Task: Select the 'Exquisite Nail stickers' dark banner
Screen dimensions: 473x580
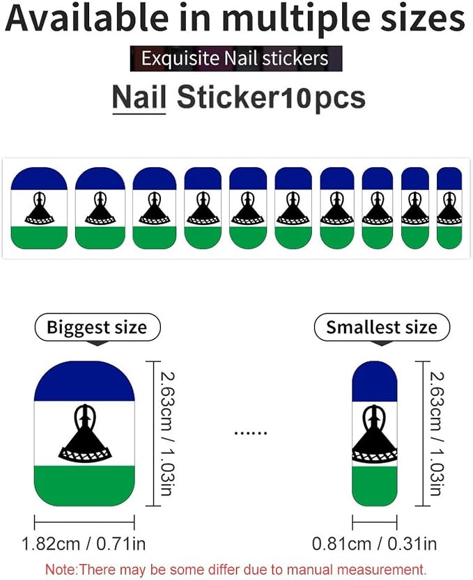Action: pos(236,58)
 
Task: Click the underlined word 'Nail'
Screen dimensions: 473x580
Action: pos(139,97)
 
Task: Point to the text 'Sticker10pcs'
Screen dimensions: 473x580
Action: pos(271,97)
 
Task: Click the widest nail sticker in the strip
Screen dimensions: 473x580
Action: pos(39,208)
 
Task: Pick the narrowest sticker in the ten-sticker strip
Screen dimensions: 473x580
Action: pos(449,208)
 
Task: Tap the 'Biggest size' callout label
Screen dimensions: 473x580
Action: pos(97,327)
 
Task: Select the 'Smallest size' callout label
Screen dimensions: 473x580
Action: pos(382,327)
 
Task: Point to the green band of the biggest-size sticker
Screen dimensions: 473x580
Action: pos(84,485)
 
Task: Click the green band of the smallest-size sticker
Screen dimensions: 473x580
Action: pos(374,486)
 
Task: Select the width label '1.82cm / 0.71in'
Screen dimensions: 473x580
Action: pos(84,544)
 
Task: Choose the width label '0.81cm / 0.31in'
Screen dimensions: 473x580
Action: pos(374,544)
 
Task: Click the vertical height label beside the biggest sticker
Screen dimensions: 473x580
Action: pos(166,434)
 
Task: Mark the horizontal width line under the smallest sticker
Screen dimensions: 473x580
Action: pos(374,522)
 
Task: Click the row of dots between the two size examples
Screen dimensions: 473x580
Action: pos(251,432)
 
